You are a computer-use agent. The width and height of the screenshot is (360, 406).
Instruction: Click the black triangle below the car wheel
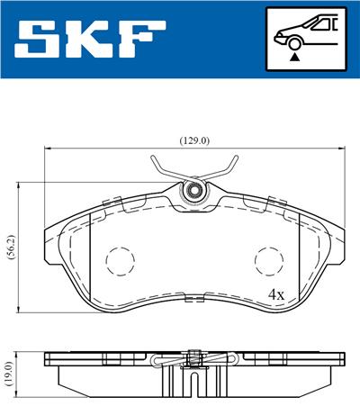pyautogui.click(x=293, y=56)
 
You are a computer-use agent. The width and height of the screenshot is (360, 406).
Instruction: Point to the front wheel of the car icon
pyautogui.click(x=293, y=41)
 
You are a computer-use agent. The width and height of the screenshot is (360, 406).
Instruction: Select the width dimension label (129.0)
pyautogui.click(x=193, y=140)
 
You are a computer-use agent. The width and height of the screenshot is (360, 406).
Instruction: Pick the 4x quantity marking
pyautogui.click(x=275, y=294)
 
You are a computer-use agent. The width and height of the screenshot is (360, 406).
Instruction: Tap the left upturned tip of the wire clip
pyautogui.click(x=152, y=163)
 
